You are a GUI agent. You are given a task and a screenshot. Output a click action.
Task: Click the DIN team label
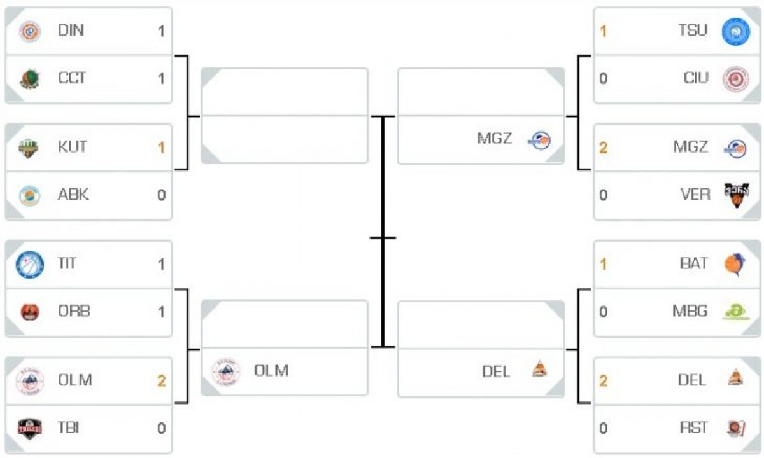click(x=71, y=31)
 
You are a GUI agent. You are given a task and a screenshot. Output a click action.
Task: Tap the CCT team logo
click(x=29, y=78)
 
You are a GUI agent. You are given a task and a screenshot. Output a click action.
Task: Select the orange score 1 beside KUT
click(x=161, y=148)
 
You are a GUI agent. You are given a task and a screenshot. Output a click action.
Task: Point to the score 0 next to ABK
click(x=161, y=195)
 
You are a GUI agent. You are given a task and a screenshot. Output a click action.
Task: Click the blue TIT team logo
click(x=29, y=264)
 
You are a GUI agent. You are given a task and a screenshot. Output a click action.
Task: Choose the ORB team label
click(x=74, y=311)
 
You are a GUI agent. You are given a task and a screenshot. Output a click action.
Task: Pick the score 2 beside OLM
click(x=161, y=380)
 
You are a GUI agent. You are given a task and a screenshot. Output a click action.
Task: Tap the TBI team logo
click(x=29, y=428)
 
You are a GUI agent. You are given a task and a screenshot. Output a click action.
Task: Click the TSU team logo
click(x=735, y=31)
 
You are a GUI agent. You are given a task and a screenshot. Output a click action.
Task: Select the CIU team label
click(x=695, y=78)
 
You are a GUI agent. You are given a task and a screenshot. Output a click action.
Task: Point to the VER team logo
click(x=736, y=195)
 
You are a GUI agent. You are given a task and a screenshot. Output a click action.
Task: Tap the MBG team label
click(x=690, y=311)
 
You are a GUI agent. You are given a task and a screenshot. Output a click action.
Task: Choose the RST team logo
click(x=736, y=428)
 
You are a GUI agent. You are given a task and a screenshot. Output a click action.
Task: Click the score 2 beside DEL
click(x=603, y=380)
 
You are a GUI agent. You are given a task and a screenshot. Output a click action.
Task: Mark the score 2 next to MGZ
click(x=603, y=148)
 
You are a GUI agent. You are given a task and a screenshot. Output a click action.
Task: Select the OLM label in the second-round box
click(x=271, y=370)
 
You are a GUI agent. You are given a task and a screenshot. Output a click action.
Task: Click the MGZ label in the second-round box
click(x=495, y=138)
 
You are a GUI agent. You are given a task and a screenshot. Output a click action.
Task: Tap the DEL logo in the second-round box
click(x=539, y=369)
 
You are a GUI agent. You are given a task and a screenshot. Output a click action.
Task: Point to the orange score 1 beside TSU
click(x=603, y=31)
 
